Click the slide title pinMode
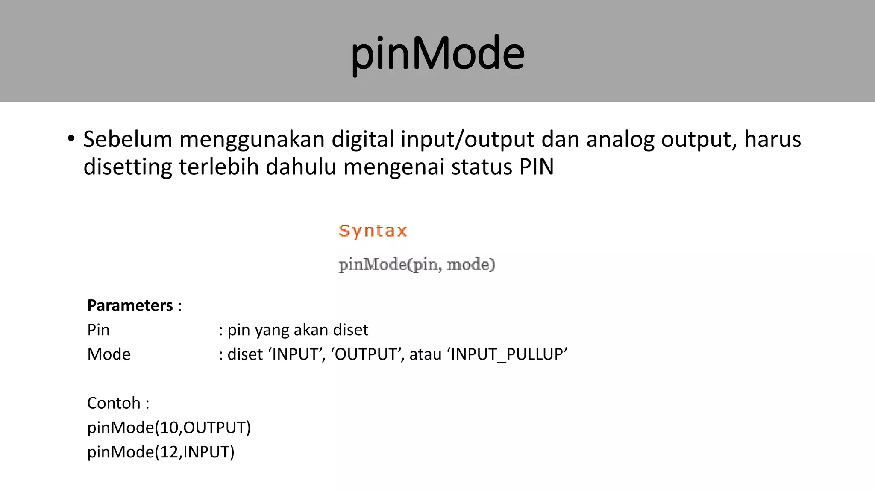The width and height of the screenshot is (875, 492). pos(437,53)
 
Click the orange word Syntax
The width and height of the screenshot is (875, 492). pos(373,231)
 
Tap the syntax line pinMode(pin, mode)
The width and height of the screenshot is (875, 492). pos(417,264)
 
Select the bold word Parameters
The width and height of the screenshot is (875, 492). pos(130,305)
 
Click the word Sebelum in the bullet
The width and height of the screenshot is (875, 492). pos(127,139)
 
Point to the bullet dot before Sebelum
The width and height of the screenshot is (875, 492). pos(71,138)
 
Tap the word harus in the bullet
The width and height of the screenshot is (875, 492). pos(772,139)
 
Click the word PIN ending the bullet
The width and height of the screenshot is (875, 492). pos(536,167)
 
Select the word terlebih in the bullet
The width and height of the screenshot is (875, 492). pos(219,167)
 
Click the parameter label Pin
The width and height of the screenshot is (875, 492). pos(98,330)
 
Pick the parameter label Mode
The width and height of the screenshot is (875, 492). pos(109,354)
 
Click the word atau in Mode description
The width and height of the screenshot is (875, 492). pos(425,354)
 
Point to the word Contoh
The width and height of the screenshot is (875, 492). pos(114,403)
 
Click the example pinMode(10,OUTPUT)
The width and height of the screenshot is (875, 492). pos(169,428)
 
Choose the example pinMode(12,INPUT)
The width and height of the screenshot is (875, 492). pos(161,452)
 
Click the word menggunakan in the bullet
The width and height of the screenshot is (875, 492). pos(252,140)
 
